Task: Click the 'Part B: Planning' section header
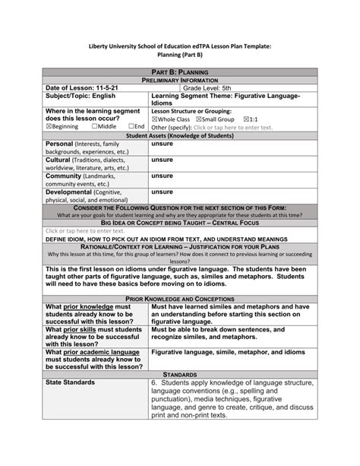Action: click(x=180, y=71)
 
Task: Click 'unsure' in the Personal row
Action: click(x=162, y=143)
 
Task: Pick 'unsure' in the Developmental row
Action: click(x=162, y=192)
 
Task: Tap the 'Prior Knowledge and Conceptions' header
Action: click(x=180, y=300)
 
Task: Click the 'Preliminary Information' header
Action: click(x=180, y=80)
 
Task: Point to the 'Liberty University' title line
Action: click(x=180, y=46)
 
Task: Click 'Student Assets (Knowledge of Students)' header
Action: click(x=180, y=135)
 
